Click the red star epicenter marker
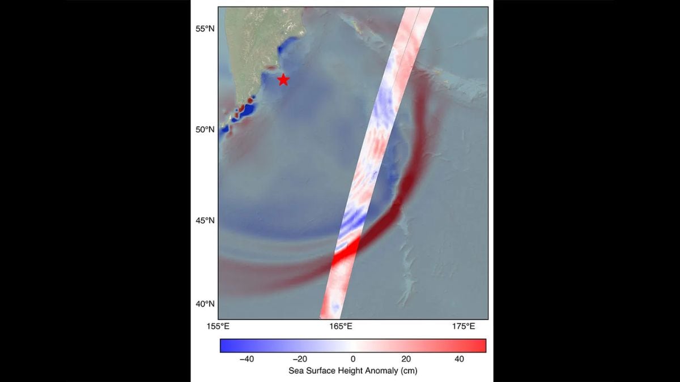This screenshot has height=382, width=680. point(283,80)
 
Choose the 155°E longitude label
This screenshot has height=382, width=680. point(218,327)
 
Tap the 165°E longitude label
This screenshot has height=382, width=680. point(341,327)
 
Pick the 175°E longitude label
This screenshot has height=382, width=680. point(464,327)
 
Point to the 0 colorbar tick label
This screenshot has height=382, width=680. point(352,359)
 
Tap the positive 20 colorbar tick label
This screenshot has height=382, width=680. point(406,359)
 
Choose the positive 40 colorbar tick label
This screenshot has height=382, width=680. point(459,359)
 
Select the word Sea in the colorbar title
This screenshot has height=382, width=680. point(296,371)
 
